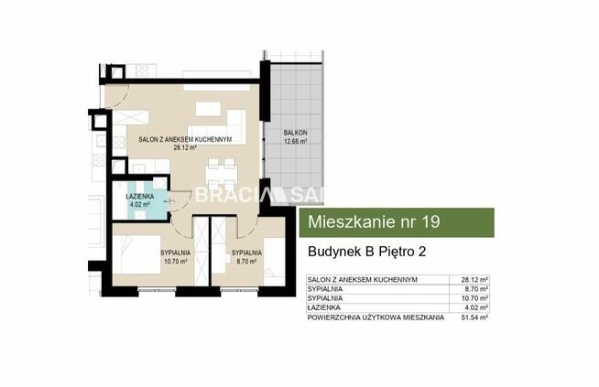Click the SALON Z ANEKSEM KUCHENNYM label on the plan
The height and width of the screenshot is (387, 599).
pos(184,139)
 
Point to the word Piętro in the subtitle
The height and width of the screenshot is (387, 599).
pos(394,250)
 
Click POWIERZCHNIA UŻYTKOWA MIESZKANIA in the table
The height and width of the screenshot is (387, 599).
pos(375,317)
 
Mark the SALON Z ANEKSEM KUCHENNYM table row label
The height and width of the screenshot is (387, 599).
pos(363,279)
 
